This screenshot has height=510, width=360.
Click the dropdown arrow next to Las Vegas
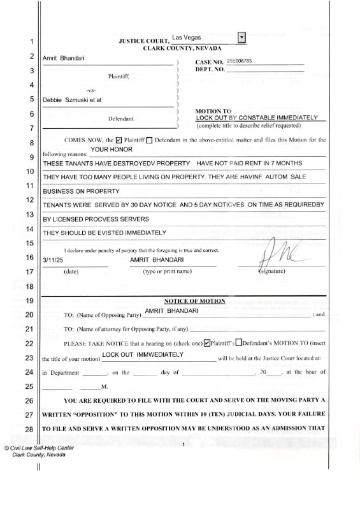(241, 38)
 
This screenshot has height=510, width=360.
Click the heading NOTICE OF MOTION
(194, 301)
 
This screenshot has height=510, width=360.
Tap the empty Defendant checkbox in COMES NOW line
(149, 140)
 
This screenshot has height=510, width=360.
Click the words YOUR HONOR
(112, 149)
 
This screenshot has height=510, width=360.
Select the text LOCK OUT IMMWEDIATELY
(143, 354)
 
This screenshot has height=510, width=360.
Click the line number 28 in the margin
(30, 430)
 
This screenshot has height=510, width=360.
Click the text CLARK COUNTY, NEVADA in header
(182, 48)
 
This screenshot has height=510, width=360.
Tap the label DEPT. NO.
(210, 68)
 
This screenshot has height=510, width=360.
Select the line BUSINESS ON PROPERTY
(81, 191)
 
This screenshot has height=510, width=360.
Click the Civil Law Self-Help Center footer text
(38, 448)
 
